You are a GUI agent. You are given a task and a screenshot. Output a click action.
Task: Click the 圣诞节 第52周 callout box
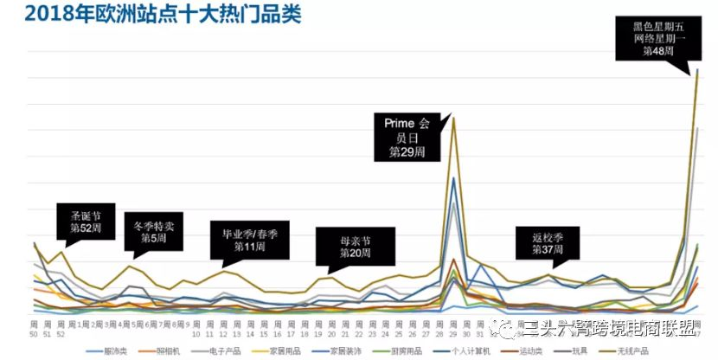[x=85, y=222]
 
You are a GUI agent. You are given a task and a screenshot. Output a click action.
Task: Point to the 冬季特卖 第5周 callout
[x=154, y=231]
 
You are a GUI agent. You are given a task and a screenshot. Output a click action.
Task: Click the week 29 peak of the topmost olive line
[x=453, y=119]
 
